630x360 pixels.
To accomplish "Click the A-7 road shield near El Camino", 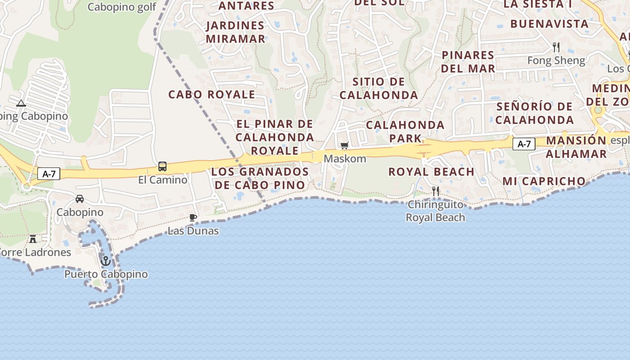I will click(49, 174).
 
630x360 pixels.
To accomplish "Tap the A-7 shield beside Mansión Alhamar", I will click(524, 144).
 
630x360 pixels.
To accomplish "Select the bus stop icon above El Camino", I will click(162, 166).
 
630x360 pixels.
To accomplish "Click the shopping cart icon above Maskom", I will click(345, 145).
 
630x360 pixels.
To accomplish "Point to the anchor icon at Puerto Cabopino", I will click(106, 261).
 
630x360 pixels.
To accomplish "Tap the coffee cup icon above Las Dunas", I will click(193, 218).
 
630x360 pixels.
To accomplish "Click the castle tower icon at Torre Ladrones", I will click(33, 238).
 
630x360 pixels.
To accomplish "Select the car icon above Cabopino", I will click(80, 198).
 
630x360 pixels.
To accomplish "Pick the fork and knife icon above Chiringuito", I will click(435, 191).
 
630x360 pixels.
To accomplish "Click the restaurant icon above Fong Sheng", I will click(556, 47).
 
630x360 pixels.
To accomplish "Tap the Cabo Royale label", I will click(211, 94).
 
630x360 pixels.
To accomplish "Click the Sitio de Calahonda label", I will click(379, 88).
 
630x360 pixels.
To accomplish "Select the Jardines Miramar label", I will click(236, 32).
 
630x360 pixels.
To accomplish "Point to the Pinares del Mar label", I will click(468, 62).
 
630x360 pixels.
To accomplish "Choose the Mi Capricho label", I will click(544, 181).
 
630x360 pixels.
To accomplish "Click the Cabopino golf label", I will click(122, 7).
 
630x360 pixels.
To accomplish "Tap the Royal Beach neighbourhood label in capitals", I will click(431, 171).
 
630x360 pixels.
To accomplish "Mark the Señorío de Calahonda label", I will click(535, 113).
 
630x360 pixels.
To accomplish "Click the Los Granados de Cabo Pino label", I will click(260, 178).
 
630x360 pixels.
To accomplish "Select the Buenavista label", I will click(549, 23).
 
